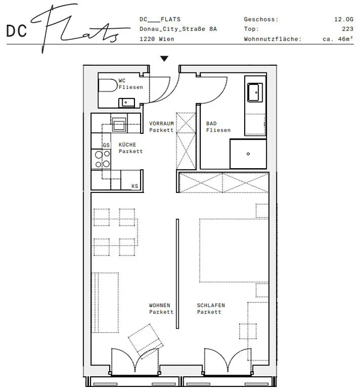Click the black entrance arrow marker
click(164, 58)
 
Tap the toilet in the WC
click(108, 85)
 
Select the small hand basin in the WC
click(127, 102)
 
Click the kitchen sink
click(119, 124)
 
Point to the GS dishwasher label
click(106, 145)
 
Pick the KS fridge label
click(135, 186)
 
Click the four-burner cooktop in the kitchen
click(102, 159)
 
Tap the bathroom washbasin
click(255, 92)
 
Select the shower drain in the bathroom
click(248, 154)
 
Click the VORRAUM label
click(161, 124)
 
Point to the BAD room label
click(211, 124)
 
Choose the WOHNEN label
click(160, 305)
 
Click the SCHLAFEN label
click(211, 305)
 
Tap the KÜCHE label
click(127, 145)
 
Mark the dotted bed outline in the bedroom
click(234, 250)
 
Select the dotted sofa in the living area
click(105, 303)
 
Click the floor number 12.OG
click(344, 19)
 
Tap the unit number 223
click(348, 29)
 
